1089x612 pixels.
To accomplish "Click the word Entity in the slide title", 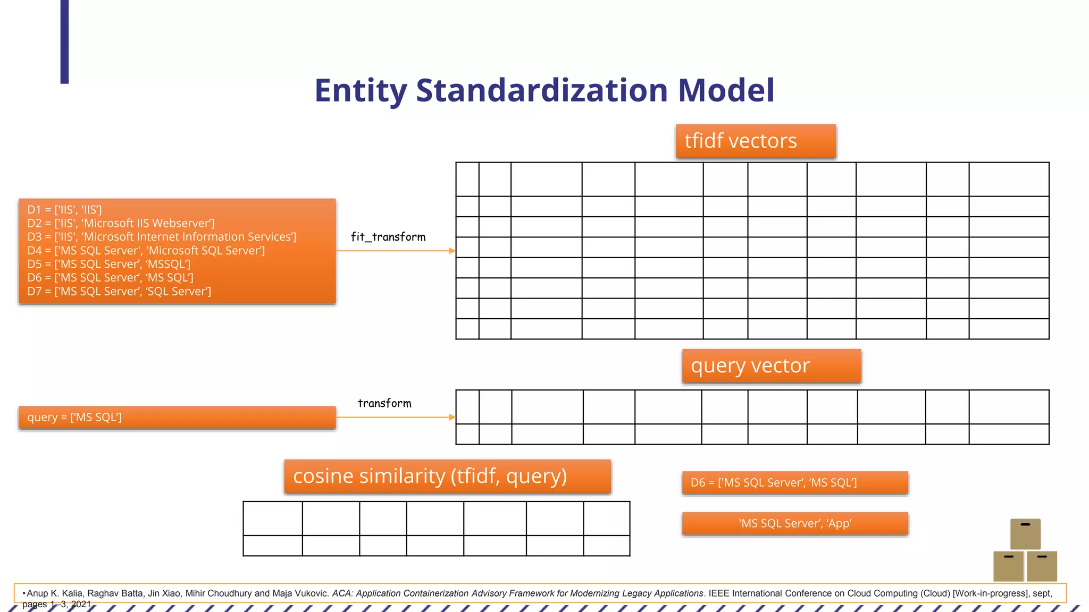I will (360, 91).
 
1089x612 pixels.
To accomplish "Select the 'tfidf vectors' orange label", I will (756, 141).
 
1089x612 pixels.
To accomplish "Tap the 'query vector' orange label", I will (772, 366).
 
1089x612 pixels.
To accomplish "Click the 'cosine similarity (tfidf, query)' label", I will (447, 477).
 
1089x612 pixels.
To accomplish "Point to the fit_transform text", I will (388, 237).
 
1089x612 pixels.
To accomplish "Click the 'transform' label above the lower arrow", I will (384, 403).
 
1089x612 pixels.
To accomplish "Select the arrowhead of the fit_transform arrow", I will (452, 251).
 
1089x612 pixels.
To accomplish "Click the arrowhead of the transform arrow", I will (452, 418).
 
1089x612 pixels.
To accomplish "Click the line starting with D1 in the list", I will (65, 210).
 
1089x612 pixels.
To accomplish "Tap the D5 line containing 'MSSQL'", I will (109, 264).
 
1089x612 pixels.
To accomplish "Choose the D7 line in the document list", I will (119, 291).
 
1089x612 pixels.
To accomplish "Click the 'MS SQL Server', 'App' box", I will (795, 524).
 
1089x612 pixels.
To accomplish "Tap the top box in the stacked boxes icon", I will (1025, 533).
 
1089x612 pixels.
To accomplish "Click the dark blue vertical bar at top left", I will (64, 41).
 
